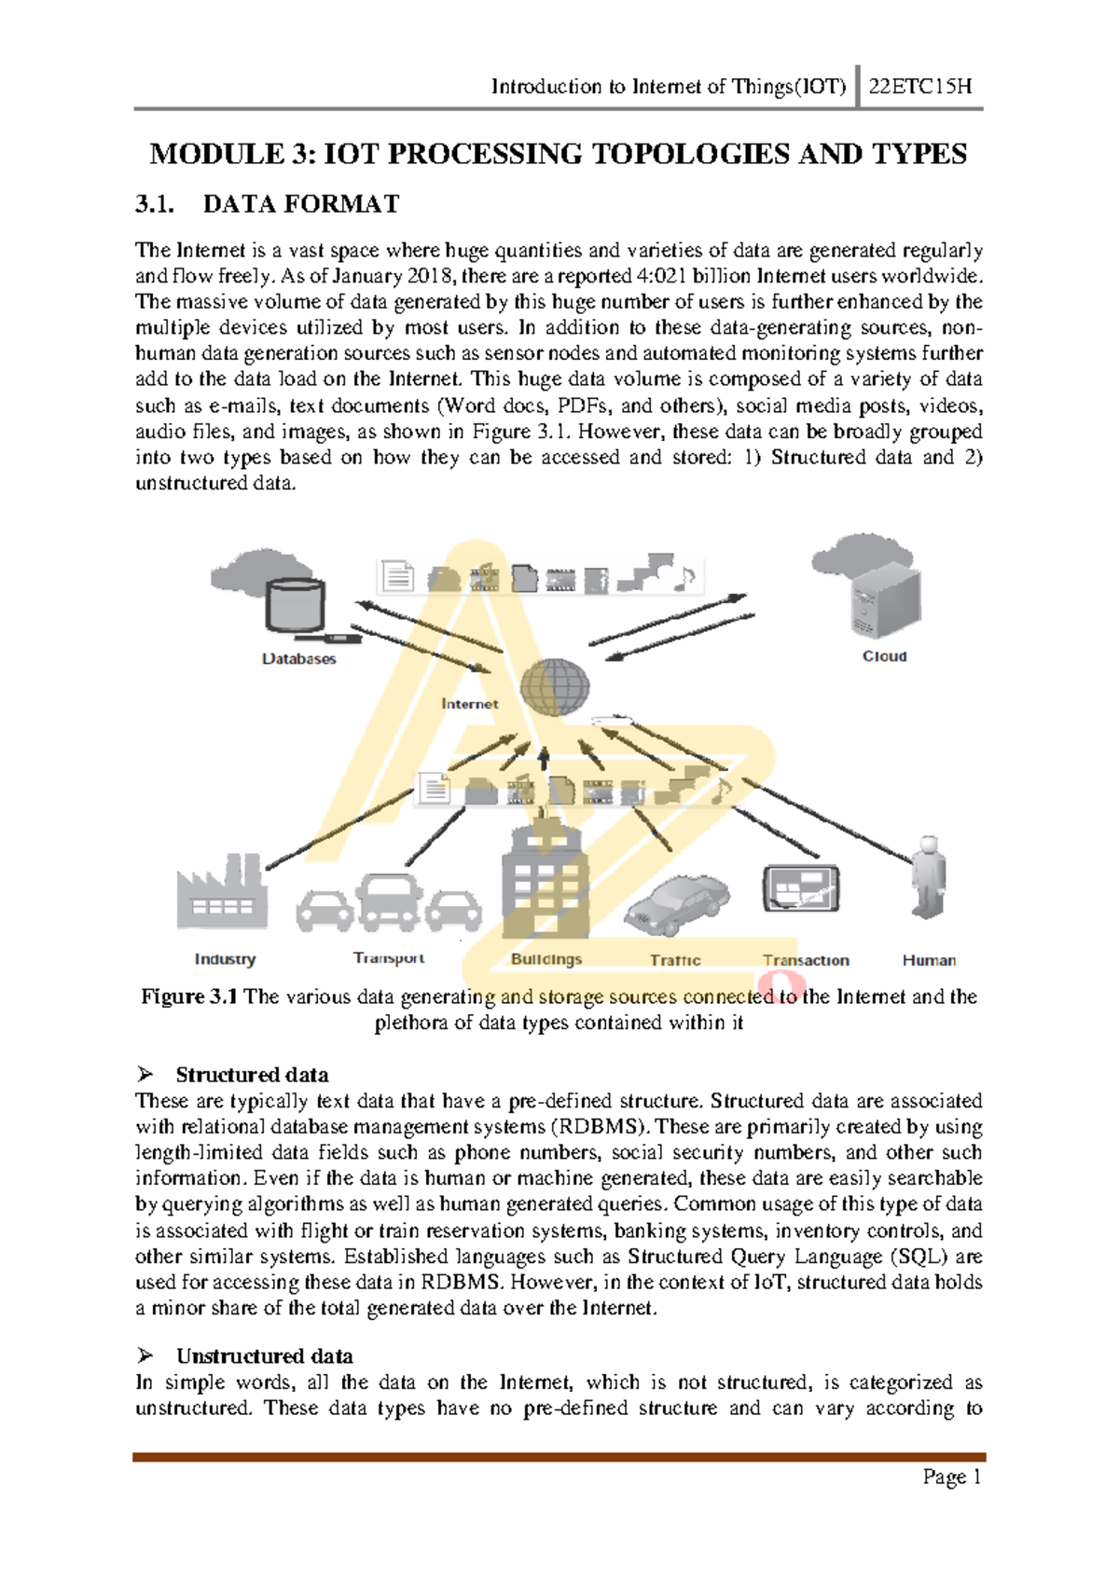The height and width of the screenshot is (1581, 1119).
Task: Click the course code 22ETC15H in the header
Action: click(919, 87)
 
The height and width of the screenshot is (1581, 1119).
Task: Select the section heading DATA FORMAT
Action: click(301, 204)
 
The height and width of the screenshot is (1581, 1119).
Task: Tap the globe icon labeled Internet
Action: click(555, 688)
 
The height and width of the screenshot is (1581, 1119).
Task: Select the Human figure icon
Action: click(928, 876)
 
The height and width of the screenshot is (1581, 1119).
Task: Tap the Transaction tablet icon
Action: click(801, 887)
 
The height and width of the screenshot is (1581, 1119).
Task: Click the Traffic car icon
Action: click(677, 904)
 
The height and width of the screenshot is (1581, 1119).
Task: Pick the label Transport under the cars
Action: click(388, 957)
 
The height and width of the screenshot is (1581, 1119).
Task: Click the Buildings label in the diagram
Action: click(546, 959)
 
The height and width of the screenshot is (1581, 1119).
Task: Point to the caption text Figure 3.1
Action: click(188, 997)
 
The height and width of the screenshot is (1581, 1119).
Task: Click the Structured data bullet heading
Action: click(252, 1074)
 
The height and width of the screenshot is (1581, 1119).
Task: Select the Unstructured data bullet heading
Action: click(264, 1355)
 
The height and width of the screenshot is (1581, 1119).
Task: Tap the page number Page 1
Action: click(951, 1477)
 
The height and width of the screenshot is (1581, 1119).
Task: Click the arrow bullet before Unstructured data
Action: click(145, 1354)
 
